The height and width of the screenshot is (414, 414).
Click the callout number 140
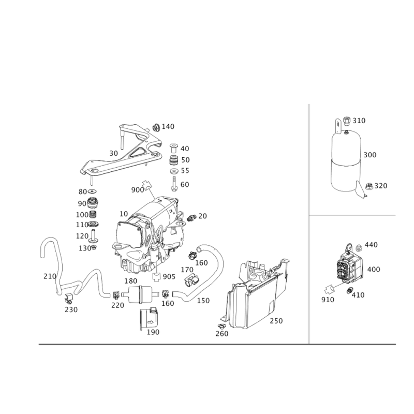[168, 126]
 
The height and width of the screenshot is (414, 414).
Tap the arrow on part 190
[151, 322]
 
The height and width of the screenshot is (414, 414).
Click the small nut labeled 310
[347, 121]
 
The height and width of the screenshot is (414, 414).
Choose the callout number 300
[370, 155]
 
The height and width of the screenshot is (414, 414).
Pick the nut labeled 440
[359, 248]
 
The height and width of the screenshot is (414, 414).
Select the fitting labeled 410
[349, 291]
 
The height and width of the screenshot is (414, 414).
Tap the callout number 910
[328, 300]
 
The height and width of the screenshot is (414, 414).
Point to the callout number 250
[276, 321]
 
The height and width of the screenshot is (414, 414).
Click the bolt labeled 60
[174, 184]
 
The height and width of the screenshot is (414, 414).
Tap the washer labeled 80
[93, 191]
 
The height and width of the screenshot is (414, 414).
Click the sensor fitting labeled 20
[191, 217]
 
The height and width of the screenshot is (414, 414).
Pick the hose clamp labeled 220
[115, 294]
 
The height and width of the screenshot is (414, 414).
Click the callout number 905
[169, 276]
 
